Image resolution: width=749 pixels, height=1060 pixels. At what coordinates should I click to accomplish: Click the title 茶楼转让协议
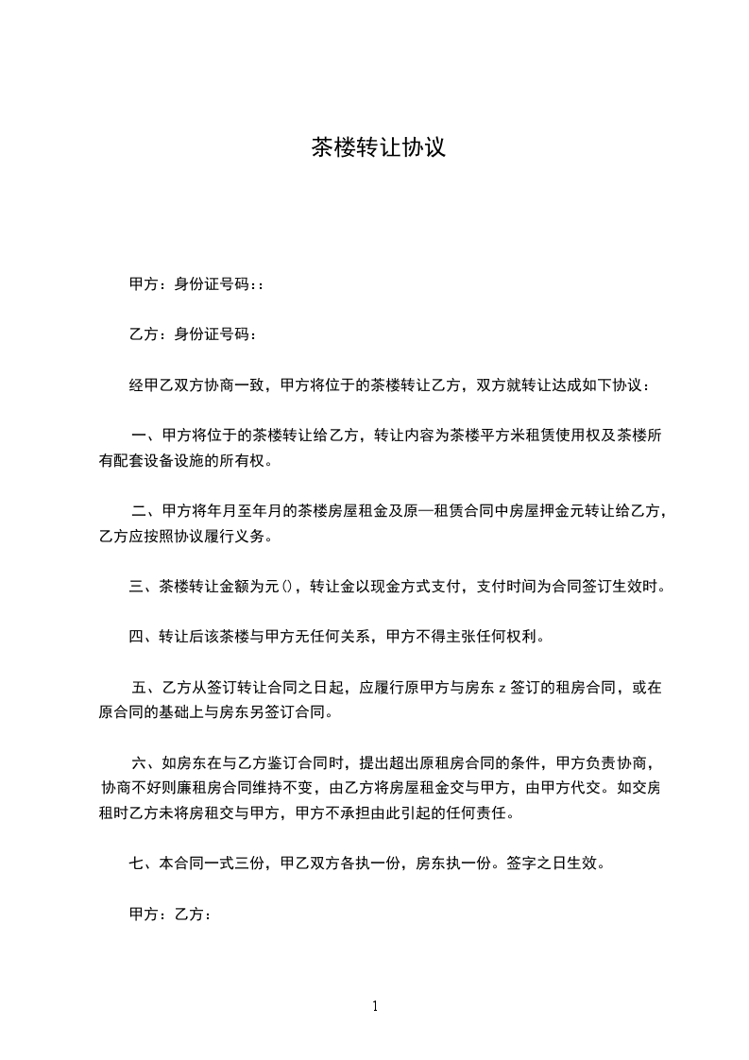(x=378, y=147)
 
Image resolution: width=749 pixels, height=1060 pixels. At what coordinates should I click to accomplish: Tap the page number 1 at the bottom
(x=375, y=1006)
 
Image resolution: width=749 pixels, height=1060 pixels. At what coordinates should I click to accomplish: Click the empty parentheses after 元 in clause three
(x=285, y=586)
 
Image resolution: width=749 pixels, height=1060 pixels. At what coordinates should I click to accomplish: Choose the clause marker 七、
(x=144, y=863)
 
